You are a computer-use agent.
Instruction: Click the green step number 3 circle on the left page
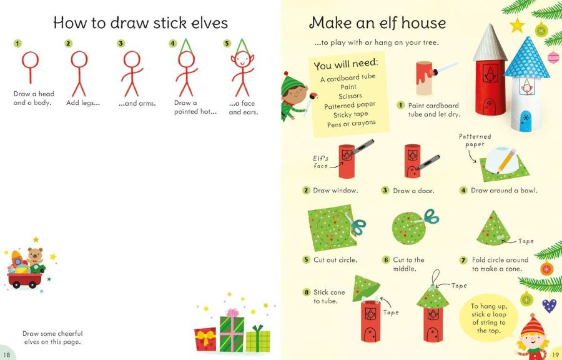(x=121, y=44)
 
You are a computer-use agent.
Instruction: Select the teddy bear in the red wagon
(x=35, y=257)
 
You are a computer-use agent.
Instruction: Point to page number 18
(x=7, y=354)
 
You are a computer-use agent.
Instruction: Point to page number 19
(x=555, y=354)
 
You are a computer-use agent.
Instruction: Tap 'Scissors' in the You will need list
(x=350, y=97)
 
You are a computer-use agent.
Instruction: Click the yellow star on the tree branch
(x=516, y=25)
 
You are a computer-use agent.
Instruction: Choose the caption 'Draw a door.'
(x=413, y=191)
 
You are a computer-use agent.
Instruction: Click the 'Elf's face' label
(x=320, y=162)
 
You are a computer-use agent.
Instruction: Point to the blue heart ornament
(x=549, y=305)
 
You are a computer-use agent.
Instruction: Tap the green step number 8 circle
(x=306, y=292)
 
